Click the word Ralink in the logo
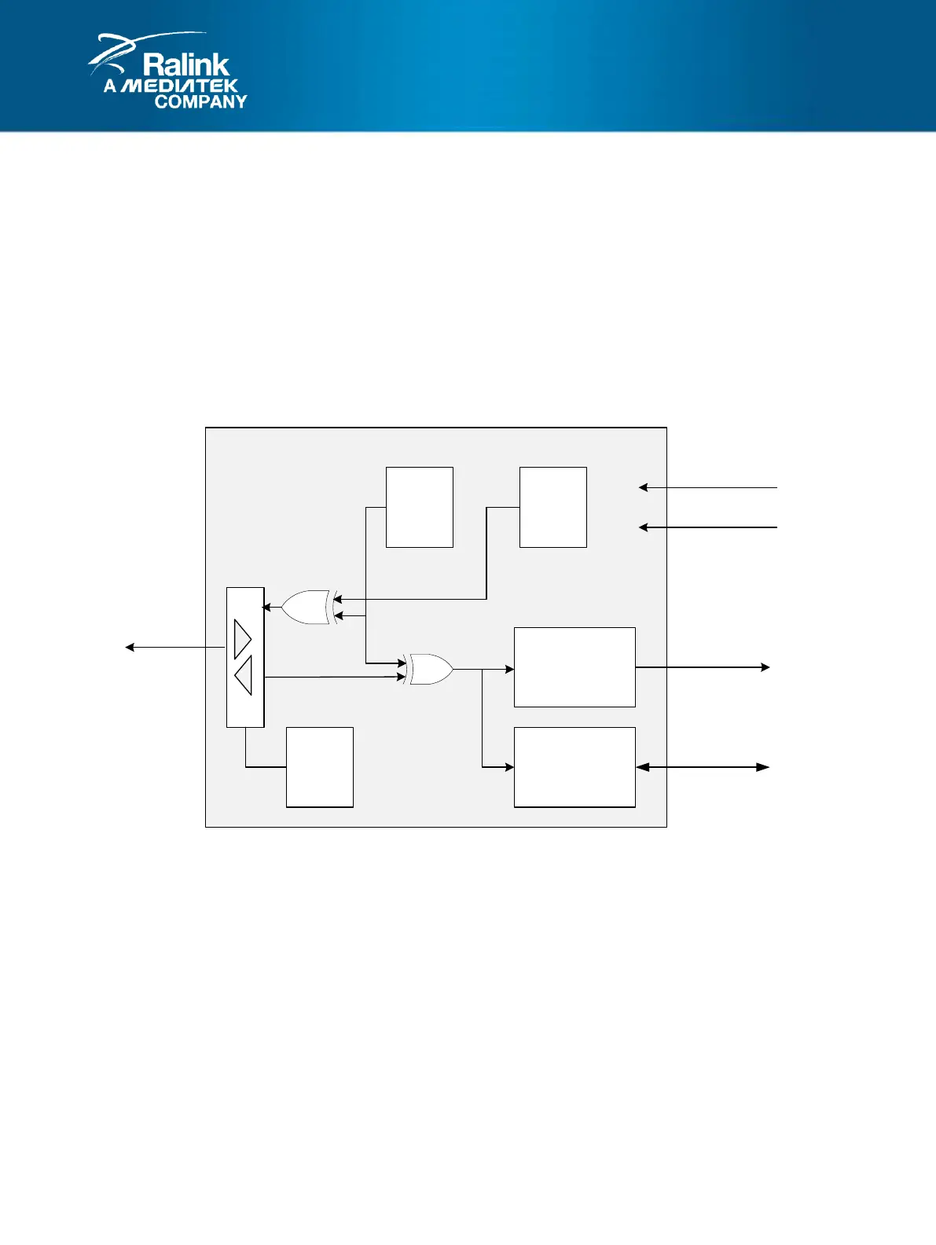point(185,64)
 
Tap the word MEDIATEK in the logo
point(180,86)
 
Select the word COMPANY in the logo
point(200,101)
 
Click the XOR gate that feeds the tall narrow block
point(307,608)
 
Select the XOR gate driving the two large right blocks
point(429,669)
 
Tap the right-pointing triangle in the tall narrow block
point(242,638)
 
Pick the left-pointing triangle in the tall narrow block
point(244,675)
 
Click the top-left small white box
point(419,507)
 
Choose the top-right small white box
point(552,507)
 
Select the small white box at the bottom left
point(319,767)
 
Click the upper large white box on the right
point(574,667)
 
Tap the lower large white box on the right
point(574,767)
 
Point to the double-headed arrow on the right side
point(703,767)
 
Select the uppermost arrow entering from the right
point(707,487)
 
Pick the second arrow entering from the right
point(707,527)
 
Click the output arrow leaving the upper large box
point(703,667)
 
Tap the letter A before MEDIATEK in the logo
point(110,86)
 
